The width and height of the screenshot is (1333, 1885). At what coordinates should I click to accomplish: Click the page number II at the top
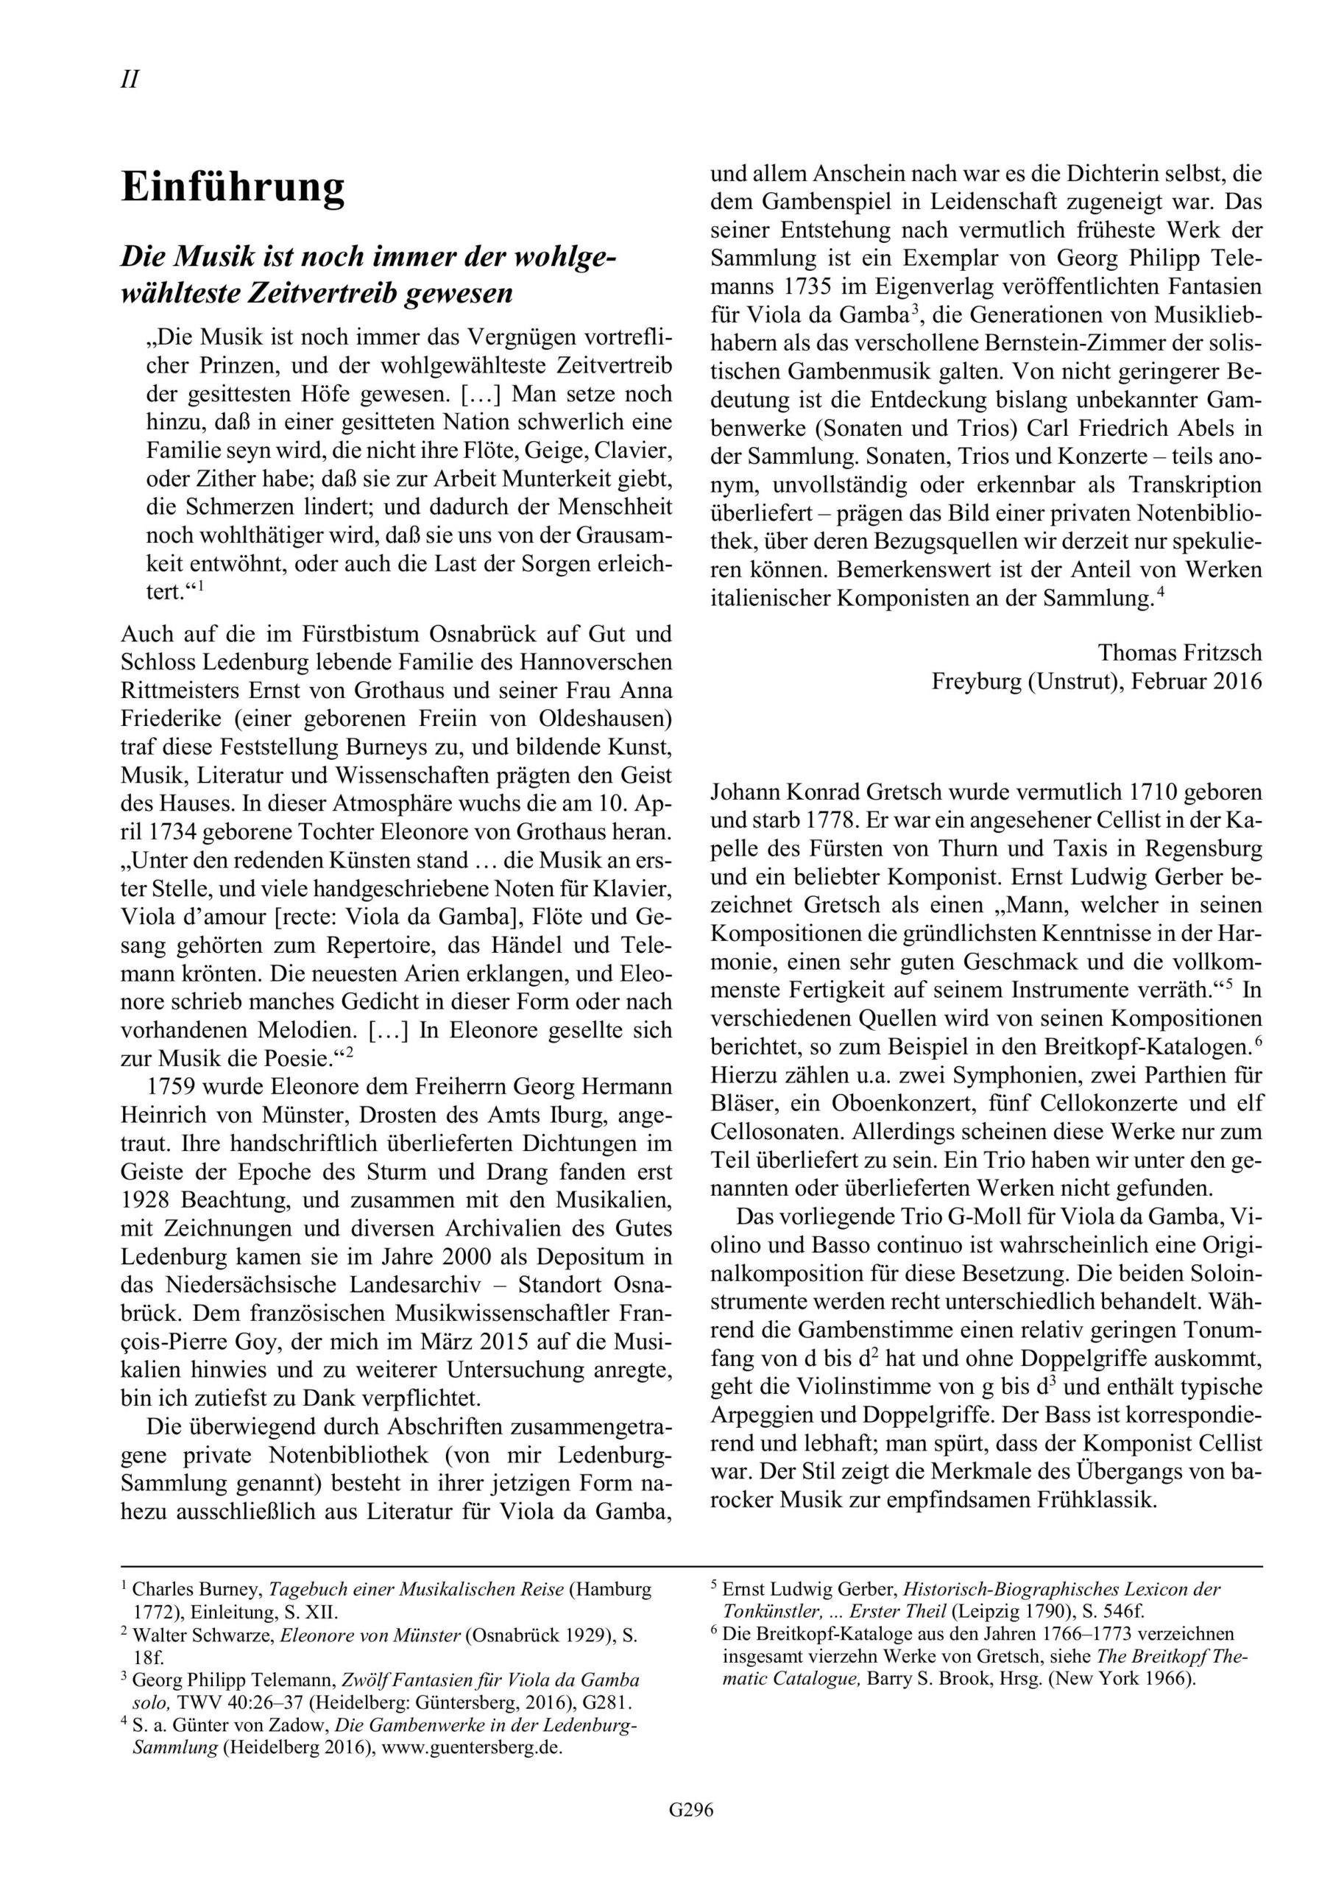(130, 80)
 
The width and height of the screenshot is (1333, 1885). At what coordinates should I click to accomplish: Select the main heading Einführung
(233, 187)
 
